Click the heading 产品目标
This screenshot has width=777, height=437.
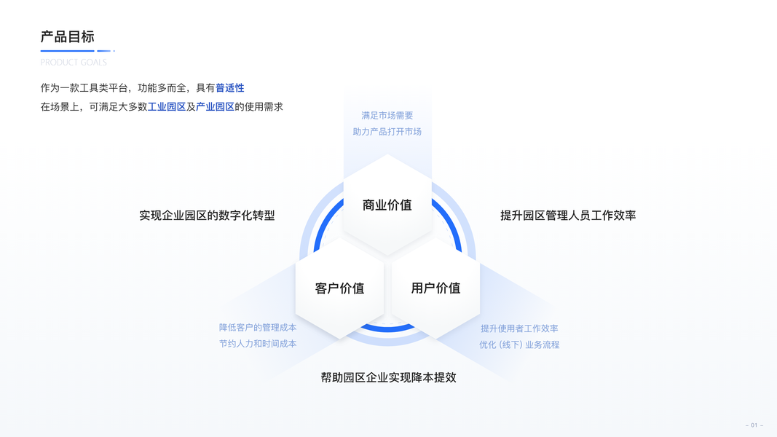67,36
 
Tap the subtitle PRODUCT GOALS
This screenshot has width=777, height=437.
74,63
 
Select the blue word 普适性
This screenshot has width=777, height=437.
229,88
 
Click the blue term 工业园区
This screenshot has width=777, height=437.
167,107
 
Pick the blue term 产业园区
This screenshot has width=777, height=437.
215,107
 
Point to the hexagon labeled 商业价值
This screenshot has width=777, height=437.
387,205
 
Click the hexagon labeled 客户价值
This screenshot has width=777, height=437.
339,288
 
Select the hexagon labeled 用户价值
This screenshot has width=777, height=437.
435,288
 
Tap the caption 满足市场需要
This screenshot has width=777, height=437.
387,115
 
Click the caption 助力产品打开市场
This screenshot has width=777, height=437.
387,132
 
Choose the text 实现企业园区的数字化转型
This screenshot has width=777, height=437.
207,216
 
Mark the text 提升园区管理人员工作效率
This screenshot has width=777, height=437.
568,216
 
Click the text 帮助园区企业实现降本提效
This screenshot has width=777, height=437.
388,377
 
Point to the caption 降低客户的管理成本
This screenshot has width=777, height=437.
258,328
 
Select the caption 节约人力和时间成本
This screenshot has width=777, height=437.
258,344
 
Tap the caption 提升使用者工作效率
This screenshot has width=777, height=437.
519,328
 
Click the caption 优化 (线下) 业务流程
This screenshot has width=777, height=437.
519,345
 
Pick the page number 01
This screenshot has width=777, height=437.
754,425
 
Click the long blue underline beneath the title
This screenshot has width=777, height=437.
67,51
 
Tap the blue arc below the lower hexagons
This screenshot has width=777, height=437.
387,330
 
